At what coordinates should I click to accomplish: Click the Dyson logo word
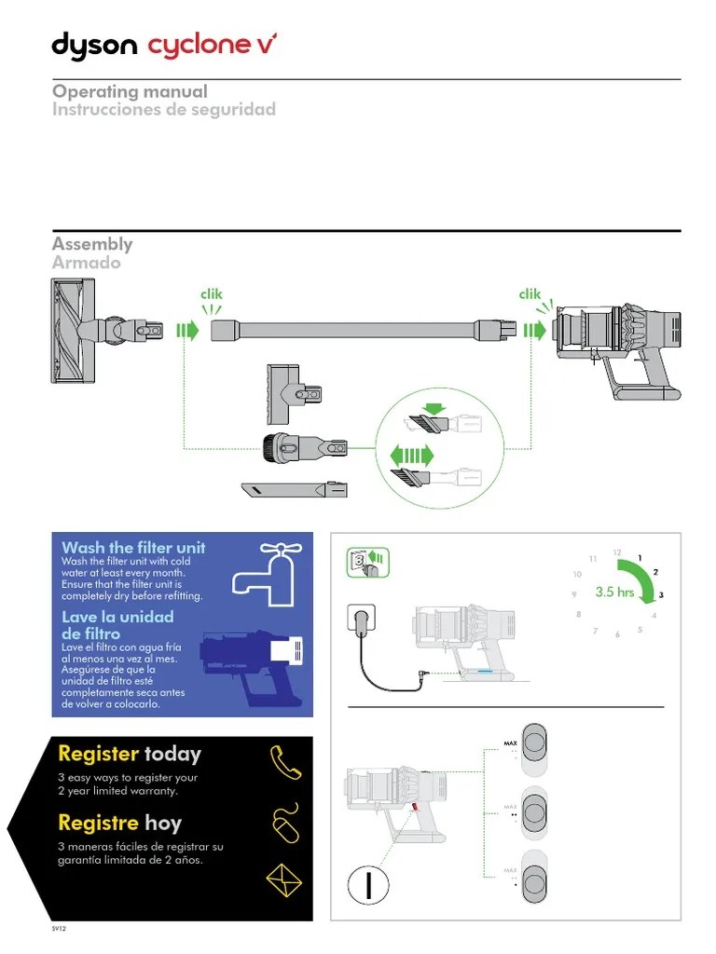[x=94, y=46]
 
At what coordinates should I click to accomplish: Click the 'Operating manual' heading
[x=130, y=91]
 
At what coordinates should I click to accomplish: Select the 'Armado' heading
[x=86, y=263]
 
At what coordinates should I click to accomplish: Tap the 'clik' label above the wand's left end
[x=212, y=294]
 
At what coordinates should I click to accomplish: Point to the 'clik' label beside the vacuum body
[x=530, y=294]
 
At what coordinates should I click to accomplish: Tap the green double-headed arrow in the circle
[x=412, y=454]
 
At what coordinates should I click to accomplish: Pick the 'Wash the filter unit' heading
[x=133, y=548]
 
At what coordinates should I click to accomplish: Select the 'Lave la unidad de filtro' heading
[x=117, y=624]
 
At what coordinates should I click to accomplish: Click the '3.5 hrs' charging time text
[x=614, y=593]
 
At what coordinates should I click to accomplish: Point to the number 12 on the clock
[x=617, y=552]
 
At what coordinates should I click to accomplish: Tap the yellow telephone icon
[x=284, y=761]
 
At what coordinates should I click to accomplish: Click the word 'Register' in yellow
[x=98, y=754]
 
